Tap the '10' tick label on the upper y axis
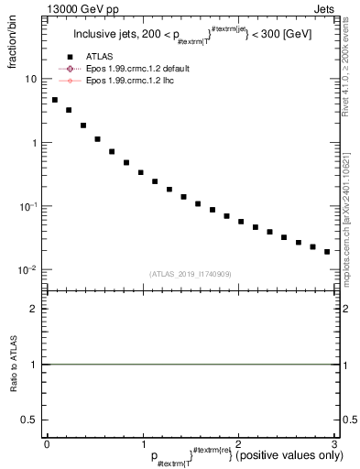(x=31, y=79)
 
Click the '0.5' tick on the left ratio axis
(x=30, y=420)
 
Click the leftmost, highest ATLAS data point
(x=55, y=100)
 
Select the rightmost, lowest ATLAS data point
(x=327, y=251)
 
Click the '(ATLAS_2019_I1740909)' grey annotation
(x=190, y=273)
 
